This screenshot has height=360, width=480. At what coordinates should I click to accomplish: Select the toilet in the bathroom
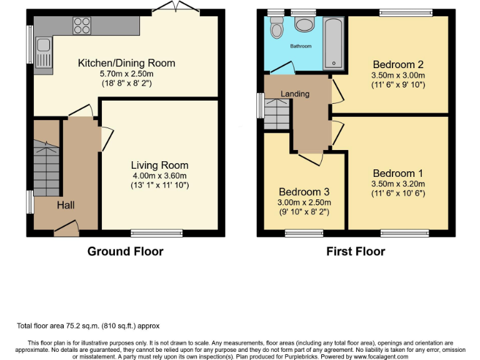point(276,27)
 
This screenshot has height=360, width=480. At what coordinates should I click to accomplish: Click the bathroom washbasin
point(304,24)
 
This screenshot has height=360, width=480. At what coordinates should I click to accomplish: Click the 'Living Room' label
point(159,165)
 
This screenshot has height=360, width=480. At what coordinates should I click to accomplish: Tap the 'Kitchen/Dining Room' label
point(126,62)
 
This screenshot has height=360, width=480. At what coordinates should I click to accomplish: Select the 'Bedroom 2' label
point(398,64)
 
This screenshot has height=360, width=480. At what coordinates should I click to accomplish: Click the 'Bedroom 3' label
point(304,192)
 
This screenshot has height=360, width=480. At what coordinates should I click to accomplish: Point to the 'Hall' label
point(66,205)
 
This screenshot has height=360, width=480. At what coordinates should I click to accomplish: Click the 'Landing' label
point(294,94)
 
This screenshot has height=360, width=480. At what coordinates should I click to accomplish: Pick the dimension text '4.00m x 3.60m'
point(159,176)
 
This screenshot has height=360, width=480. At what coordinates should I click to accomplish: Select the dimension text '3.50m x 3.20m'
point(398,184)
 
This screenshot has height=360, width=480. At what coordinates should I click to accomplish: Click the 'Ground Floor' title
point(125,251)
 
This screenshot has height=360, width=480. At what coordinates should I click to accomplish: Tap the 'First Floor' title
point(356,251)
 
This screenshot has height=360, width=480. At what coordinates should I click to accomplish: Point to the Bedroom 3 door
point(311,157)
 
